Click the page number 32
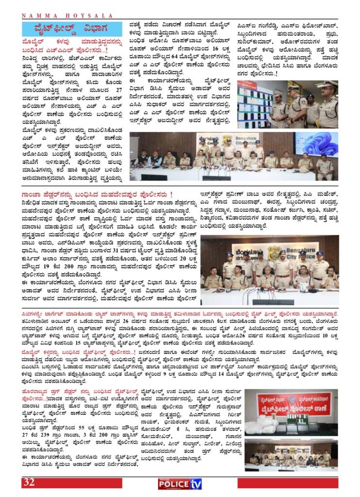coord(28,482)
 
